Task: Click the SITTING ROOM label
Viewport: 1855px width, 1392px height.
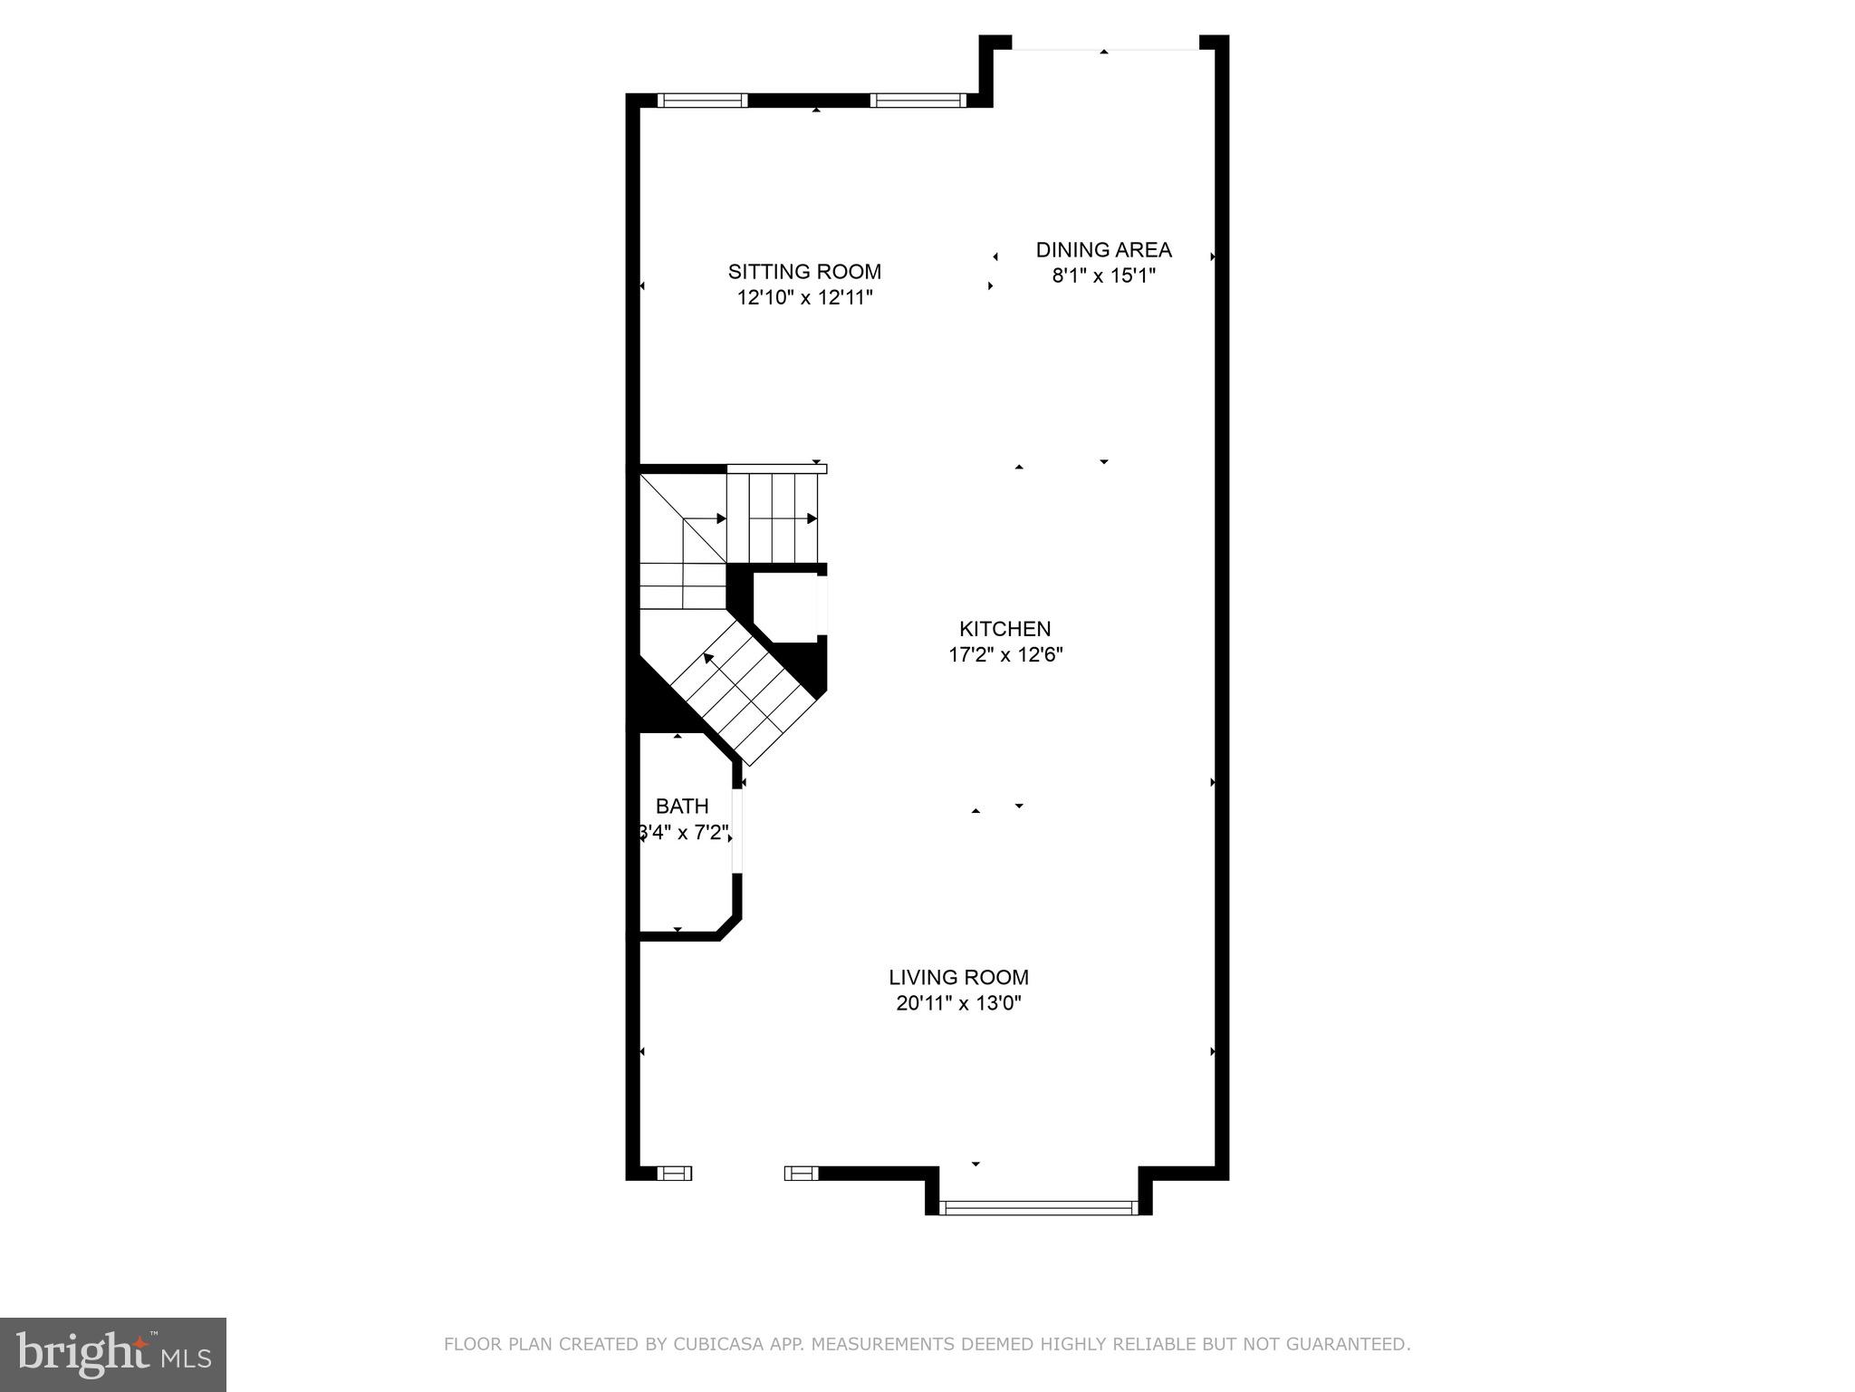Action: [804, 271]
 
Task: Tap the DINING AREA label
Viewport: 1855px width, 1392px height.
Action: [1103, 249]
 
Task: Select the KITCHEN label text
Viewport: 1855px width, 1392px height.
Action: [1004, 628]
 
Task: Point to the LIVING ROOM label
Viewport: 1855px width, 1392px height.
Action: [958, 977]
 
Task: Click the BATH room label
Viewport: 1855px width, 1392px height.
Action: [682, 806]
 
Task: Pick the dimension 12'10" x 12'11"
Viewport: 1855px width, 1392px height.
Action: [804, 297]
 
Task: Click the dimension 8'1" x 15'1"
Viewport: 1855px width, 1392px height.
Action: [1103, 275]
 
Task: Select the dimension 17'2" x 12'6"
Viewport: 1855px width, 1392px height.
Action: [1004, 654]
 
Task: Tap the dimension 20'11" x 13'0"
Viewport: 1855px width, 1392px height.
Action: [958, 1003]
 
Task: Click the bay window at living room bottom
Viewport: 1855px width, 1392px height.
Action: [1037, 1207]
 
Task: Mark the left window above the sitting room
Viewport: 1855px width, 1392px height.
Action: [702, 101]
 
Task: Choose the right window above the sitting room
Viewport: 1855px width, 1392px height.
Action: [918, 101]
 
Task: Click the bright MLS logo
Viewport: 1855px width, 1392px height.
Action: [112, 1354]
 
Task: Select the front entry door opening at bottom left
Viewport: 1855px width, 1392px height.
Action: [737, 1174]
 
